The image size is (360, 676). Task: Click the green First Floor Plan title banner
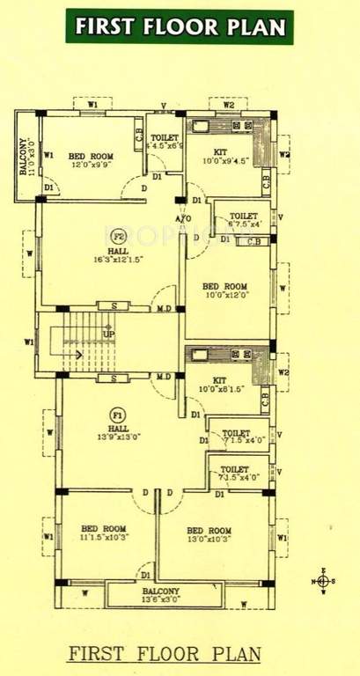[x=180, y=26]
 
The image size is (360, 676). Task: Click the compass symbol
[x=323, y=581]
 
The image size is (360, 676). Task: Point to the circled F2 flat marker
[x=117, y=236]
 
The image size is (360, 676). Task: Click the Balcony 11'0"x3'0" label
[x=26, y=156]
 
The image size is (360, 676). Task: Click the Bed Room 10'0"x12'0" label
[x=224, y=291]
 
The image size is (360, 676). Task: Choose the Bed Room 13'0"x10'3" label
[x=209, y=535]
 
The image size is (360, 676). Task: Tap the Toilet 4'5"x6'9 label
[x=165, y=142]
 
